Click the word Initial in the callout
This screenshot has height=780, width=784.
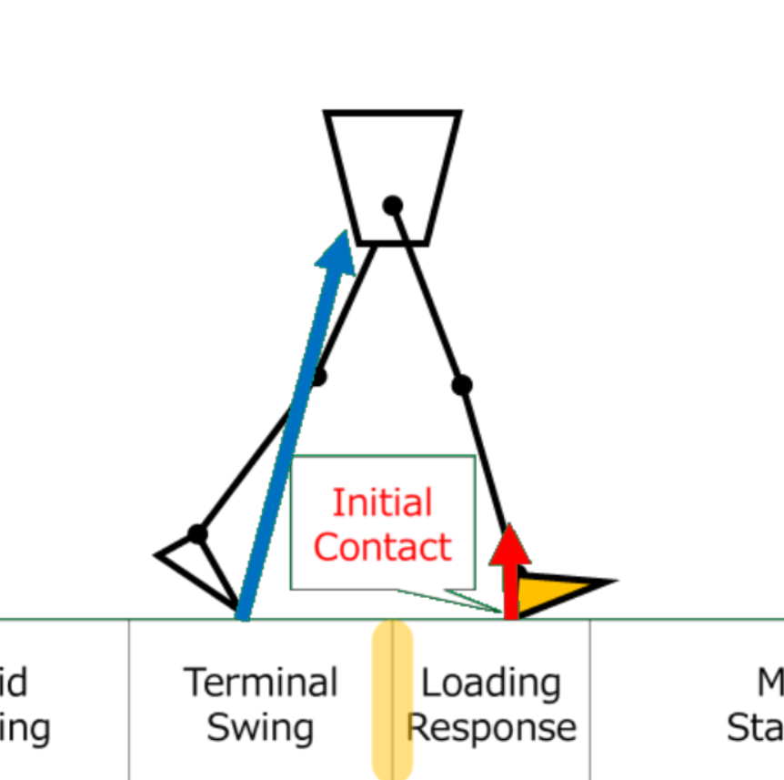[382, 502]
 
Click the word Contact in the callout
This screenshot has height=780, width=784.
[382, 546]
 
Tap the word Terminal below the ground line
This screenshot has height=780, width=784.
[261, 683]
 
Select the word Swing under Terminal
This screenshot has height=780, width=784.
[260, 727]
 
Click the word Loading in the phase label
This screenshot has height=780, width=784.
[490, 683]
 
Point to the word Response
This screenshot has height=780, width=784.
[491, 727]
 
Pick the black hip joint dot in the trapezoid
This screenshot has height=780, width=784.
[392, 206]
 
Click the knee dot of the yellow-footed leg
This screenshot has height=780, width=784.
[462, 385]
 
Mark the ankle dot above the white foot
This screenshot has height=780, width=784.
[197, 534]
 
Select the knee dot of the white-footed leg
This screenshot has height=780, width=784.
[317, 376]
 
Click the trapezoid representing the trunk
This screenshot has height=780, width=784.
[392, 155]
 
